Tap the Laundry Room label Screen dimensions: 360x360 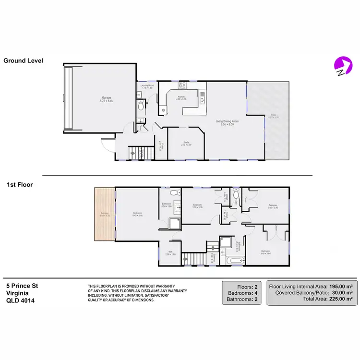click(x=147, y=87)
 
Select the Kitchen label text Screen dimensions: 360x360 click(x=181, y=98)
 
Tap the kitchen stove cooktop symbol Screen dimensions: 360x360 click(x=182, y=86)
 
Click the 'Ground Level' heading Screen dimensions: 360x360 click(x=23, y=61)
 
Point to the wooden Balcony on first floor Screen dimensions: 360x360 click(x=105, y=213)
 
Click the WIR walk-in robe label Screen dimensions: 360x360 click(x=170, y=253)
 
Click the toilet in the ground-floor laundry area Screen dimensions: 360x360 click(x=141, y=108)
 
